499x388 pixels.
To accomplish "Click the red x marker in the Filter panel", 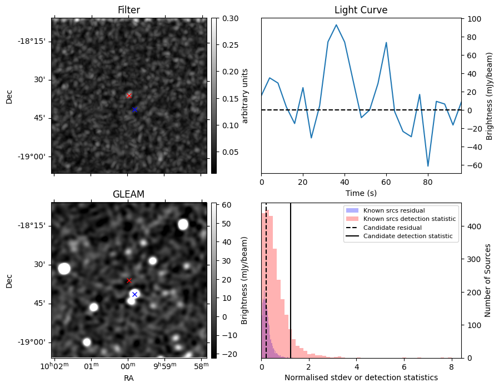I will (x=129, y=95).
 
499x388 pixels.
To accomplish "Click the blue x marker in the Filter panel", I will (x=134, y=110).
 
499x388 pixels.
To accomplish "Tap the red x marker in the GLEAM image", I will (x=129, y=280).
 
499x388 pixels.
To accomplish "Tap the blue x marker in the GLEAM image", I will (x=134, y=294).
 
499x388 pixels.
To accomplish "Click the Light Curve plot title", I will (x=361, y=10).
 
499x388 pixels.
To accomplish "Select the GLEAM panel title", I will (x=128, y=194).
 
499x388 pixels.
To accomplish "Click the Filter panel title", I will (x=128, y=10).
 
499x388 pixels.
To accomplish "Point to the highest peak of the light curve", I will (x=336, y=25).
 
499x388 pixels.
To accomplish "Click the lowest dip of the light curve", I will (x=428, y=166).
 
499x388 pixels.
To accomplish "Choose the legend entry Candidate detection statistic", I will (x=407, y=236).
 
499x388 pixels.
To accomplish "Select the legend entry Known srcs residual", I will (x=393, y=210).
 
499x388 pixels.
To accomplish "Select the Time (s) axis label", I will (x=361, y=193).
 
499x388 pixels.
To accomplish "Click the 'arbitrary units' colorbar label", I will (x=245, y=95).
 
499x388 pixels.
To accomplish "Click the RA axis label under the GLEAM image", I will (x=128, y=378).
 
